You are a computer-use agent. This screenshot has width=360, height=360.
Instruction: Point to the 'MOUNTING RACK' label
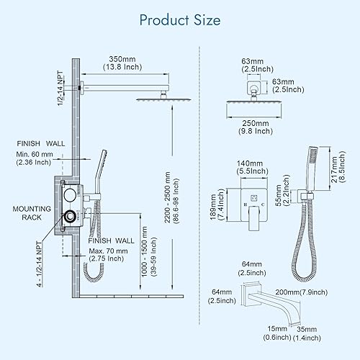[32, 213]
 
